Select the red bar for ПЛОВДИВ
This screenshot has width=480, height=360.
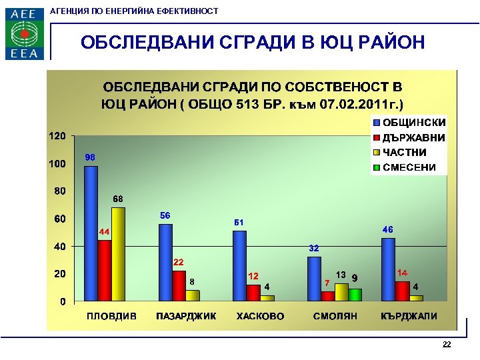[x=105, y=270]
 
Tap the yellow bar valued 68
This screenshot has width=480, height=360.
[x=118, y=254]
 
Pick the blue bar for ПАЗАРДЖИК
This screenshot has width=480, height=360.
[x=165, y=262]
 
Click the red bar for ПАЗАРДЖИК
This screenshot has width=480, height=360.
[x=179, y=285]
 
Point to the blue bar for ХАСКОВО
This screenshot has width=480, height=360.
[x=239, y=265]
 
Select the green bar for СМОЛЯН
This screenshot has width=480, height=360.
[x=355, y=295]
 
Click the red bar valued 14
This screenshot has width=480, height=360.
[x=402, y=291]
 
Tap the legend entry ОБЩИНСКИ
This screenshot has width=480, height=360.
[x=413, y=123]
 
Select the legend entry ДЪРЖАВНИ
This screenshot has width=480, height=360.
[x=413, y=138]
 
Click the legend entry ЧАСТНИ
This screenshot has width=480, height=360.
[x=404, y=153]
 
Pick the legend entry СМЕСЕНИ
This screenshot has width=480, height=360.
[x=409, y=167]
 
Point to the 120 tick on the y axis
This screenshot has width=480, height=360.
[x=57, y=136]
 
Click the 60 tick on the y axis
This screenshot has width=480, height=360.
[x=59, y=219]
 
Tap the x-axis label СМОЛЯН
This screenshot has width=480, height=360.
[x=335, y=316]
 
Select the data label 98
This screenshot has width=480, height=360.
[x=90, y=157]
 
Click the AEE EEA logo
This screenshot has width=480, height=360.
[x=25, y=33]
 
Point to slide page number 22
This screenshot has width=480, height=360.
[x=447, y=345]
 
